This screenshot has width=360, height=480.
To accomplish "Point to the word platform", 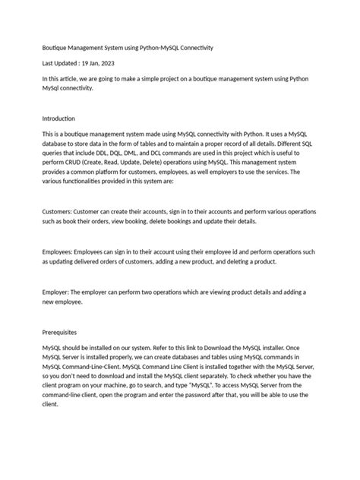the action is tap(115, 173).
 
